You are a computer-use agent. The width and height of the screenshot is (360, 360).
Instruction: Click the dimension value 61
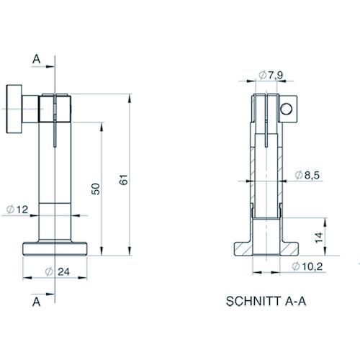(124, 179)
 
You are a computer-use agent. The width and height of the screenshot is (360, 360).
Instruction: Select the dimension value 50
(96, 189)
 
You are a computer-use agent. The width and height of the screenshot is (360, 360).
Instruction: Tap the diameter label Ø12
(17, 210)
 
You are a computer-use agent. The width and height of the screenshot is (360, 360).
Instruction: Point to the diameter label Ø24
(58, 271)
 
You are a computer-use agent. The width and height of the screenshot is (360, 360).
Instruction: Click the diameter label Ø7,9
(271, 76)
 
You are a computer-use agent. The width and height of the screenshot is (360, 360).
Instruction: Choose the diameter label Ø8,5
(307, 175)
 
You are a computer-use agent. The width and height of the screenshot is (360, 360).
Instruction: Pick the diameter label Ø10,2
(307, 266)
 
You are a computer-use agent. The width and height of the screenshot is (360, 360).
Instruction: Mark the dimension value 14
(319, 238)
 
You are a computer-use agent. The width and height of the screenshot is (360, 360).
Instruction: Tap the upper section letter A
(36, 59)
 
